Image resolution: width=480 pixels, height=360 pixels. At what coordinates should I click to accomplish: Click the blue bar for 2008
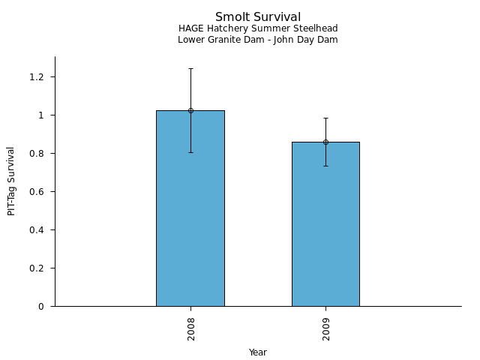(190, 217)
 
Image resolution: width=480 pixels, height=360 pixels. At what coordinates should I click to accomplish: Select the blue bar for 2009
(325, 232)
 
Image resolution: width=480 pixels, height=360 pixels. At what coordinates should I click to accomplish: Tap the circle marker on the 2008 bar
(190, 110)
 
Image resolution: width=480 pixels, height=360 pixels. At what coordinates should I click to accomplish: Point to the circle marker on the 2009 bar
(325, 142)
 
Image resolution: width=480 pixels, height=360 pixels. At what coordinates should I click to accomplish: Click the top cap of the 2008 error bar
(190, 68)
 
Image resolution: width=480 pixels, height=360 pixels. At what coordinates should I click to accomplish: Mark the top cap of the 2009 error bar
(325, 118)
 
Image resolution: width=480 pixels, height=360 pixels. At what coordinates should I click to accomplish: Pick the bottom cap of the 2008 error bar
(190, 152)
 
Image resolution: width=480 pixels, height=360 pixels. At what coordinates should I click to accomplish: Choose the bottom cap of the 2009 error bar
(325, 166)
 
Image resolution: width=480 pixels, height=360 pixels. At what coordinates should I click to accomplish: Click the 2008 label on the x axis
(191, 328)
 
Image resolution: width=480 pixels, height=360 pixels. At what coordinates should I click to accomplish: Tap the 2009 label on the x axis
(326, 328)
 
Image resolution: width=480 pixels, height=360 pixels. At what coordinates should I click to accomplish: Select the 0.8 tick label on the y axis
(37, 154)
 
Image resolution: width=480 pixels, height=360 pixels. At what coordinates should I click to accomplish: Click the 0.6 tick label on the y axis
(37, 192)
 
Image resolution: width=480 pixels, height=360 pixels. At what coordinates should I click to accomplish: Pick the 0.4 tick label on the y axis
(37, 230)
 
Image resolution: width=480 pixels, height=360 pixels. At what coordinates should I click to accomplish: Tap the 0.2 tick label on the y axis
(37, 268)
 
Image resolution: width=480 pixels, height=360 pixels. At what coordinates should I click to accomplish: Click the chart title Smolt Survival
(258, 17)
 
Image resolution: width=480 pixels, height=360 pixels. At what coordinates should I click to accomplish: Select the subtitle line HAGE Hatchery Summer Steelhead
(258, 28)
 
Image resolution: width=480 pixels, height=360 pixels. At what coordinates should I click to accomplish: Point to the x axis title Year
(258, 352)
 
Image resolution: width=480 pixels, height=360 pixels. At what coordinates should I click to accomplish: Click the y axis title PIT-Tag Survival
(11, 181)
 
